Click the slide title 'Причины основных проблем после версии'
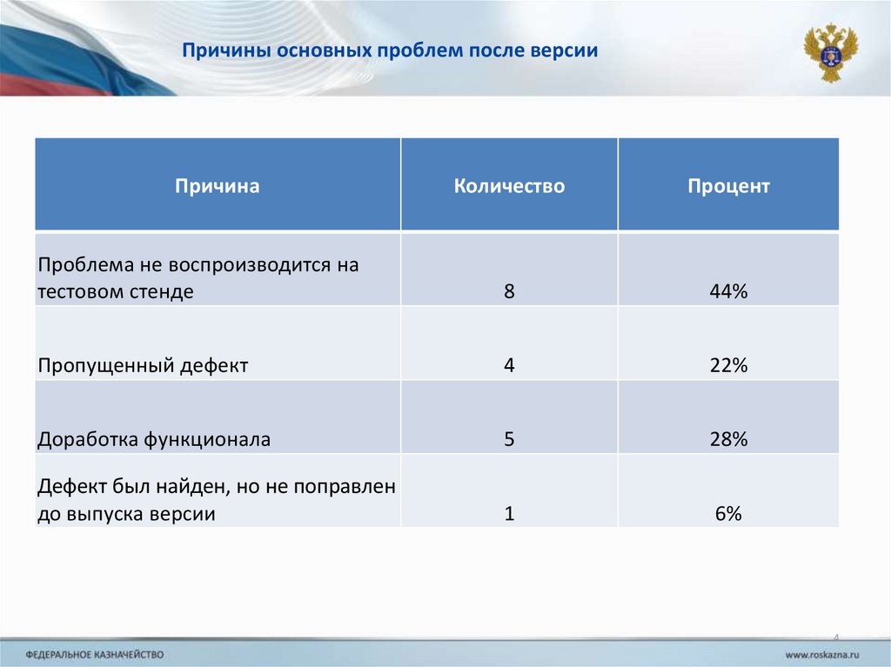coord(389,50)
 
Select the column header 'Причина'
coord(218,186)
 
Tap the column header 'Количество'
coord(509,186)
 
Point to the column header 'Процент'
coord(728,186)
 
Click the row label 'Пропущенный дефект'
coord(143,366)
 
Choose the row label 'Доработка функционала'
coord(154,440)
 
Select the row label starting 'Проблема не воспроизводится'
coord(198,277)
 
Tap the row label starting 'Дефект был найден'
coord(217,500)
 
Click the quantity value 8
coord(509,292)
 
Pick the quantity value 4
coord(509,366)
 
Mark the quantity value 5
coord(509,440)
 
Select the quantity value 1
coord(509,514)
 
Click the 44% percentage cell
coord(728,292)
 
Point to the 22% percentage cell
coord(728,366)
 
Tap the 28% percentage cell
coord(728,440)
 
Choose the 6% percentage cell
coord(728,514)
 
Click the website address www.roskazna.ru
coord(822,653)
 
